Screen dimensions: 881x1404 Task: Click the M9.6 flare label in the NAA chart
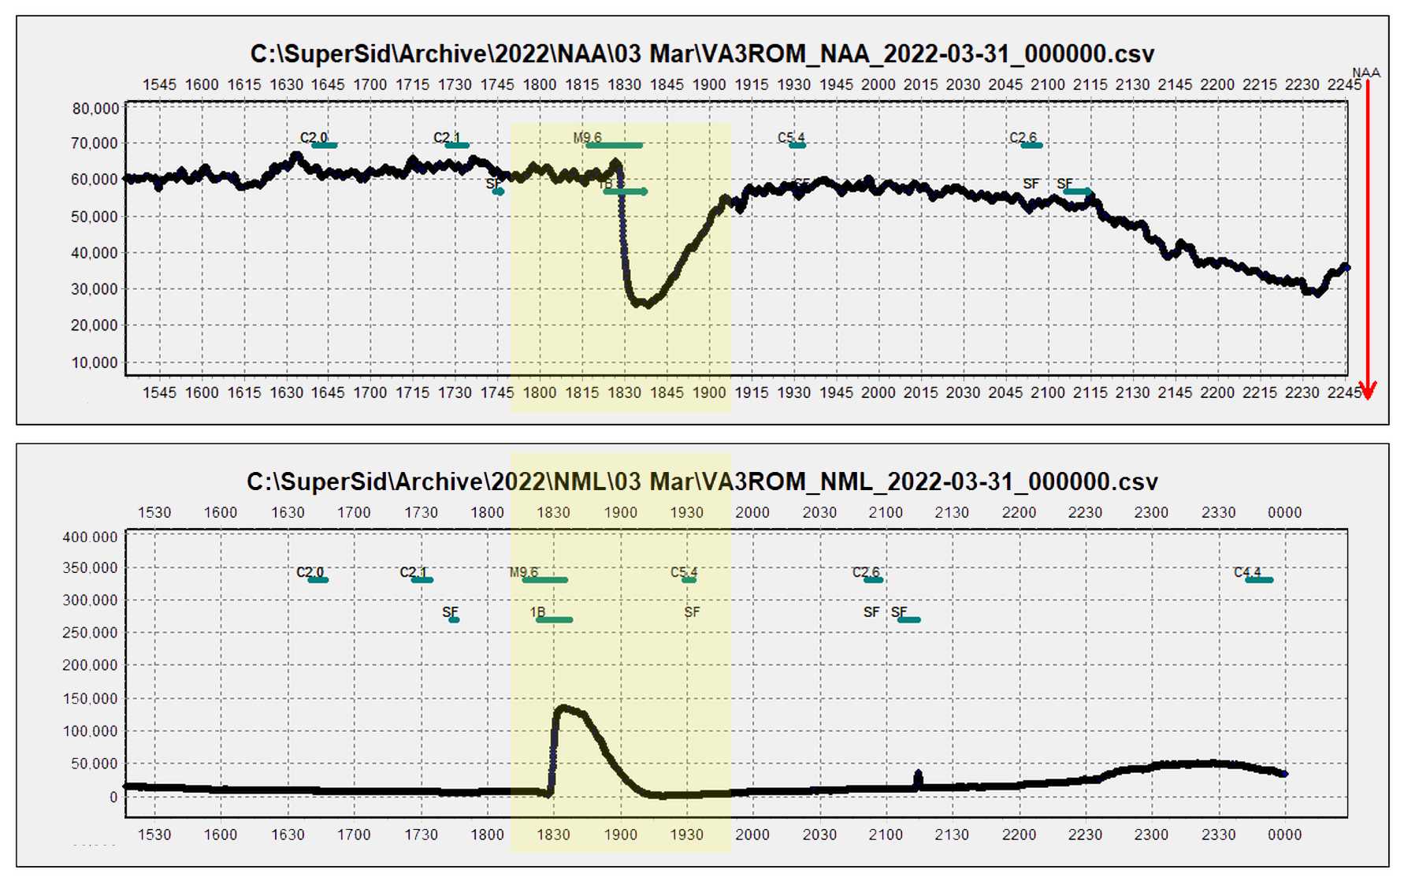pos(588,138)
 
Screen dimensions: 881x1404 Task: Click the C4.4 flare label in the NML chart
pos(1247,572)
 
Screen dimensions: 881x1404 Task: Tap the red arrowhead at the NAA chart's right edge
pos(1368,390)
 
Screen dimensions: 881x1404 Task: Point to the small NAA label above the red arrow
pos(1366,73)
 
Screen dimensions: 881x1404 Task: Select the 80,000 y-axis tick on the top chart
pos(95,109)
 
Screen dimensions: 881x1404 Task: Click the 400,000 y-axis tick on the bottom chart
pos(90,537)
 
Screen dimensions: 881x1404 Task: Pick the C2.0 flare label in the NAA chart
pos(313,138)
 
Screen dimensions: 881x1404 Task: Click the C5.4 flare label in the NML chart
pos(684,572)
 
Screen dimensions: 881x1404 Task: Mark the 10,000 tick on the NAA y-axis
pos(95,363)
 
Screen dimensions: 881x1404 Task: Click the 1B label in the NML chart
pos(537,612)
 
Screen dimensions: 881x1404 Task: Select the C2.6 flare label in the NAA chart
pos(1023,138)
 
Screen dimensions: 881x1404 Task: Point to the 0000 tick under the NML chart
pos(1284,835)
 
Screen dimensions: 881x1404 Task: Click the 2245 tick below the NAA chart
pos(1344,392)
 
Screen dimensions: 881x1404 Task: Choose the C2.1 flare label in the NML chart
pos(413,572)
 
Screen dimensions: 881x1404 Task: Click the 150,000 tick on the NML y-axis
pos(90,699)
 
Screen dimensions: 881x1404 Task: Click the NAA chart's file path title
pos(702,54)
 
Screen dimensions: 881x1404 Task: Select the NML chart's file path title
pos(702,481)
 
